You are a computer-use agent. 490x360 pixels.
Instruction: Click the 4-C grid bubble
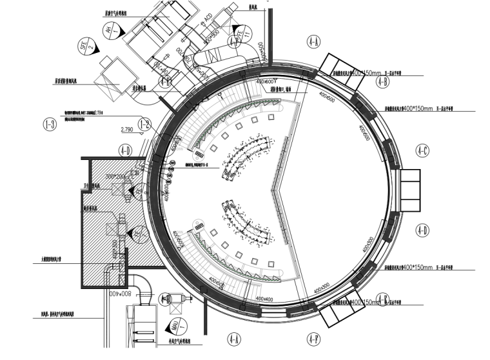pyautogui.click(x=423, y=150)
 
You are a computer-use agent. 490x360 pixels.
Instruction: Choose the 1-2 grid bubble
pyautogui.click(x=144, y=124)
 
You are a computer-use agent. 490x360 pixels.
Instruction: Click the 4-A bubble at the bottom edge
pyautogui.click(x=233, y=337)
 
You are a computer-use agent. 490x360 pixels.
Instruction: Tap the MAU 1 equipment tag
pyautogui.click(x=175, y=325)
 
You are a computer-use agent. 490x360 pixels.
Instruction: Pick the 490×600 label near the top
pyautogui.click(x=266, y=82)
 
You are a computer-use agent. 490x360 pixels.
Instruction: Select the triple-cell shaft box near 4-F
pyautogui.click(x=338, y=314)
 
